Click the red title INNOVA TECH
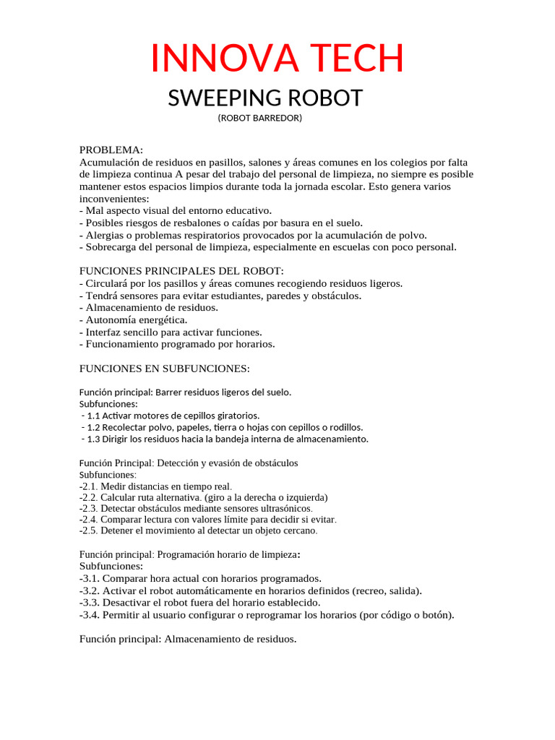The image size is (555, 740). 277,59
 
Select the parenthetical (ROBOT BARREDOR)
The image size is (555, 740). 259,118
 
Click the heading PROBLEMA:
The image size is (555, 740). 111,150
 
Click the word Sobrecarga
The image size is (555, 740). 113,247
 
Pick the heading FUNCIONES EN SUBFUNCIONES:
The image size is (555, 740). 164,369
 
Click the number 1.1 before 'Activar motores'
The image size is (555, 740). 92,416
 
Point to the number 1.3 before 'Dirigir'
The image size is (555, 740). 92,439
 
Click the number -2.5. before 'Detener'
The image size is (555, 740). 88,530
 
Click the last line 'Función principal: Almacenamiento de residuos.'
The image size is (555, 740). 187,639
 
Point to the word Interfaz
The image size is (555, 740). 103,332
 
